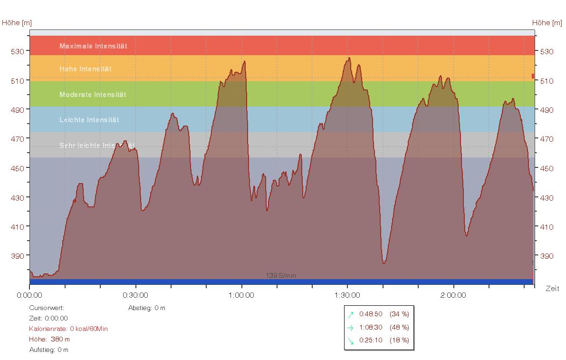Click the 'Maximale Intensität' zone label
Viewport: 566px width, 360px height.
point(93,46)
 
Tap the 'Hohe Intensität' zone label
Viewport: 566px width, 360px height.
point(86,69)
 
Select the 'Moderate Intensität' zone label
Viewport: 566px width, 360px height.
point(93,95)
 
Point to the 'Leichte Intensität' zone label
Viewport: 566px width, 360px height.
point(89,120)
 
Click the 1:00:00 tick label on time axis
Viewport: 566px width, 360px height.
point(241,295)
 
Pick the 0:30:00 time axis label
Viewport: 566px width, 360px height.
point(135,295)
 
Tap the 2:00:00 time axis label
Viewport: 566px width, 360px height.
point(453,295)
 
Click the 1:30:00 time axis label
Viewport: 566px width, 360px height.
point(347,295)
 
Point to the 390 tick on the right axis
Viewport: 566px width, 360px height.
point(547,256)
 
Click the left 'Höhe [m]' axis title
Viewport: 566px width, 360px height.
point(17,23)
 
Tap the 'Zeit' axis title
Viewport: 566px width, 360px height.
point(552,289)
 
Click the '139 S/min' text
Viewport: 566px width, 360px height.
point(281,276)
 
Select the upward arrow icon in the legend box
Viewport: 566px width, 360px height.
point(351,314)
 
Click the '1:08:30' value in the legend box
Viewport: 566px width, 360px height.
point(371,327)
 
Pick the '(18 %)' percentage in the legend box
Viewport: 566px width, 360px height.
point(399,341)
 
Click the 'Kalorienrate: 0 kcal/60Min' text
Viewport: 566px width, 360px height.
point(68,329)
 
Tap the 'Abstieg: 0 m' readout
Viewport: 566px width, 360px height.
point(147,308)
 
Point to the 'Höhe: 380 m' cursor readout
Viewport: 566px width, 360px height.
point(49,339)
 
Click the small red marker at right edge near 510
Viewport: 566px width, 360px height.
point(533,76)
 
